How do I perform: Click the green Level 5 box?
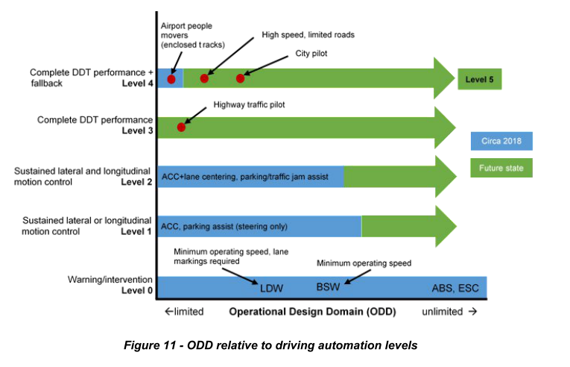tap(479, 78)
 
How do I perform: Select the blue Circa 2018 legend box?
tap(501, 141)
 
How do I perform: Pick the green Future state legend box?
tap(501, 168)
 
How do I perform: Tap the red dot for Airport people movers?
tap(171, 78)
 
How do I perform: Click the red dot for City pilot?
tap(240, 78)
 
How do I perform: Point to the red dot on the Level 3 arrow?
tap(181, 127)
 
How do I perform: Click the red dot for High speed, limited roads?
tap(204, 78)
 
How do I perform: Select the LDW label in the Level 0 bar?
tap(271, 287)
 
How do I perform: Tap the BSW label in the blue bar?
tap(328, 287)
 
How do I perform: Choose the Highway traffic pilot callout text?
tap(250, 105)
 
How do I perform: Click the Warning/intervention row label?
tap(110, 280)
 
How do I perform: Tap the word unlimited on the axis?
tap(443, 311)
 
